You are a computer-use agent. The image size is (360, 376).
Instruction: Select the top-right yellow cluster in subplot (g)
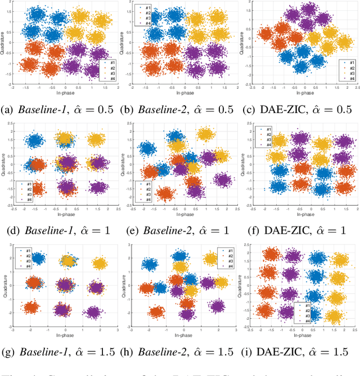100,263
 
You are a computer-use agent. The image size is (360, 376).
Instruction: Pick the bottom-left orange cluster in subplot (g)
32,307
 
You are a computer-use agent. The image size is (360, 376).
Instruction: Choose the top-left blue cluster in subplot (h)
150,264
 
